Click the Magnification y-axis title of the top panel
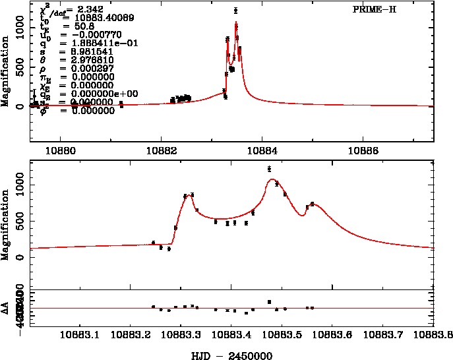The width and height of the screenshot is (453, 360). (5, 73)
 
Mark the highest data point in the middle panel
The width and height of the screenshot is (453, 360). (270, 169)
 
